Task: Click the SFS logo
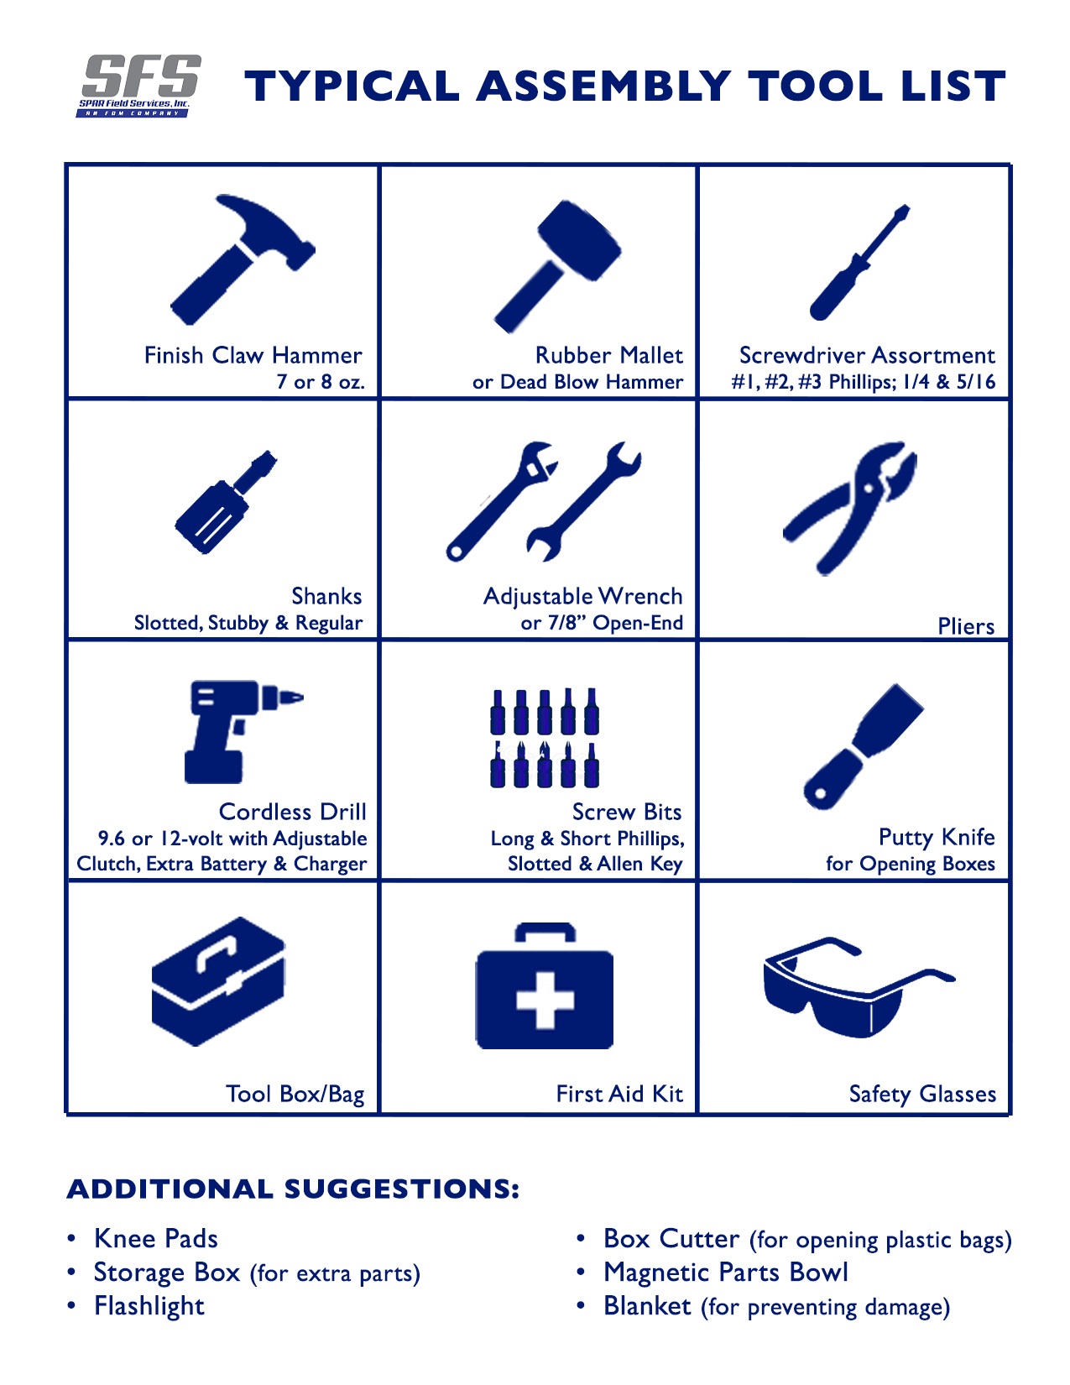coord(140,86)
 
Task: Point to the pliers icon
coord(850,508)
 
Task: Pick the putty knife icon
coord(863,746)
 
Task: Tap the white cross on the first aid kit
coord(545,1000)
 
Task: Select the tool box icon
coord(218,981)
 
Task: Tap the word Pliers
coord(965,626)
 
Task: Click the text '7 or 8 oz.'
coord(320,382)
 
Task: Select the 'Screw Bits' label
coord(626,812)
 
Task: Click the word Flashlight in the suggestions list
coord(149,1304)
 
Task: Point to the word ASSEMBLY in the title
coord(604,86)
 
